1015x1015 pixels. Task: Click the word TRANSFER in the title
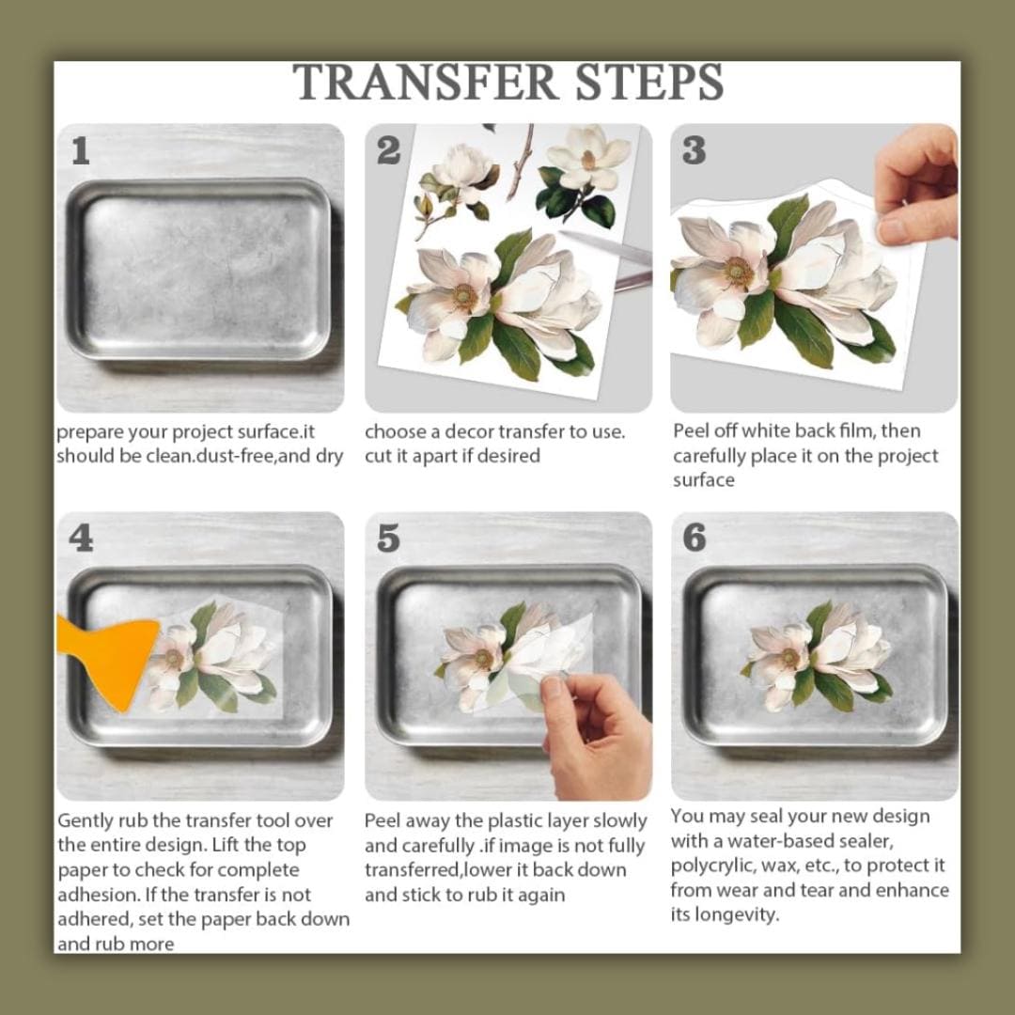point(426,82)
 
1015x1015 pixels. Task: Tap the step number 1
point(80,150)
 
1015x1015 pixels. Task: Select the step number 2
point(388,150)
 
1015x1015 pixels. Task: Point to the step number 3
point(694,150)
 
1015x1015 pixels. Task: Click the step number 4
point(81,539)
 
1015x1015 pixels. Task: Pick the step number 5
point(388,539)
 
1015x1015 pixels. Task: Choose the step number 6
point(695,538)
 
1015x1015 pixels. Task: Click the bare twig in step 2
point(521,162)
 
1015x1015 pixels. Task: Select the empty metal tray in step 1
point(199,269)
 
